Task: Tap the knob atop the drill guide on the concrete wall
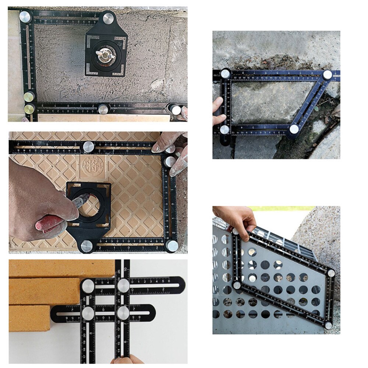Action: click(x=109, y=17)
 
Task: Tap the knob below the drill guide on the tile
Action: click(x=87, y=246)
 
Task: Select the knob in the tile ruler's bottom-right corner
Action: click(x=171, y=245)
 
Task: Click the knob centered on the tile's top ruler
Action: click(x=88, y=147)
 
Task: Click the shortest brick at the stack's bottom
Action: click(x=29, y=318)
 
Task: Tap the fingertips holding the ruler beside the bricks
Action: click(x=127, y=360)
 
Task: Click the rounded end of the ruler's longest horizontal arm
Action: click(x=180, y=284)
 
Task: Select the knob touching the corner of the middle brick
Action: click(x=88, y=286)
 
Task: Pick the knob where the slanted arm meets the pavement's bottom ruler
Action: click(x=294, y=129)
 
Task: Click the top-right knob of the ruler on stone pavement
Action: click(x=327, y=75)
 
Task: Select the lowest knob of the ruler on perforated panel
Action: click(x=328, y=325)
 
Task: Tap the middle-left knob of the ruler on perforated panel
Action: click(x=237, y=285)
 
